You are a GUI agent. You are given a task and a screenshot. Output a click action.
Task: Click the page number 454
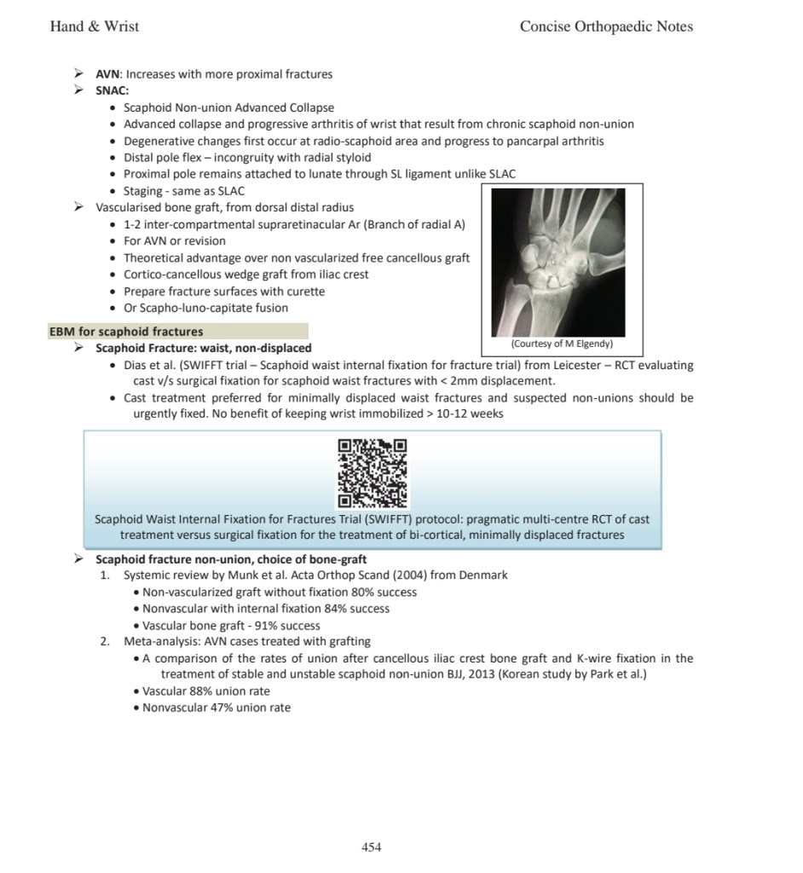(x=371, y=847)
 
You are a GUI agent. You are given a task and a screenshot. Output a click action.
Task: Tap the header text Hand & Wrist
(x=95, y=26)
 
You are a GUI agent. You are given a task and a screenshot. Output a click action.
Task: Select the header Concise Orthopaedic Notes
(x=605, y=26)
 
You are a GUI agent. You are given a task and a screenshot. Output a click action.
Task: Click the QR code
(x=373, y=473)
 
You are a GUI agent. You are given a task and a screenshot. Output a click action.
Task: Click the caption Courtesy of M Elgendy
(x=562, y=344)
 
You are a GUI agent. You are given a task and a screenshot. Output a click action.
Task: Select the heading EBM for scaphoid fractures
(x=126, y=332)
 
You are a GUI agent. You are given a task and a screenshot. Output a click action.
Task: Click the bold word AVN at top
(x=107, y=74)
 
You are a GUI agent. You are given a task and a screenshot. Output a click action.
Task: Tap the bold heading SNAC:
(x=112, y=90)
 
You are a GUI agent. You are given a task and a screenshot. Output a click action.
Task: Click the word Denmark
(x=482, y=575)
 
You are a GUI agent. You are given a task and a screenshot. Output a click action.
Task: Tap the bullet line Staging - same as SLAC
(x=184, y=191)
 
